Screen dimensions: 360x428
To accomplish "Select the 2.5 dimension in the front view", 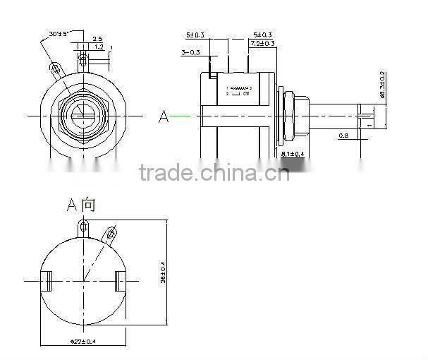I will click(97, 39).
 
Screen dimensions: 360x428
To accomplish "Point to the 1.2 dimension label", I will click(99, 47).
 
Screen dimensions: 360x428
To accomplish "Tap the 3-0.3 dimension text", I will click(190, 52).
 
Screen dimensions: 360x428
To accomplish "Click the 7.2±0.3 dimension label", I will click(263, 44).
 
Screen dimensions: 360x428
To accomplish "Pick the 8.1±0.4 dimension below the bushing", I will click(293, 152).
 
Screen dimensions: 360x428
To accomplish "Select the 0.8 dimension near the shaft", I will click(343, 135).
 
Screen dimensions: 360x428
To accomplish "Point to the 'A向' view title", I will click(80, 205).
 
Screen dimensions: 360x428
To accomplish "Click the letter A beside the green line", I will click(164, 116).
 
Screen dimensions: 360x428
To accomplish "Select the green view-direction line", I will click(181, 116).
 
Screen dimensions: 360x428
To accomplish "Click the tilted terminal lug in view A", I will click(111, 232).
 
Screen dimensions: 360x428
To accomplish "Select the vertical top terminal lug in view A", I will click(84, 227).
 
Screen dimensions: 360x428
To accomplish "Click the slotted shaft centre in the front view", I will click(83, 114).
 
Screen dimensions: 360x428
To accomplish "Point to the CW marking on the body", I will click(247, 93).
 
